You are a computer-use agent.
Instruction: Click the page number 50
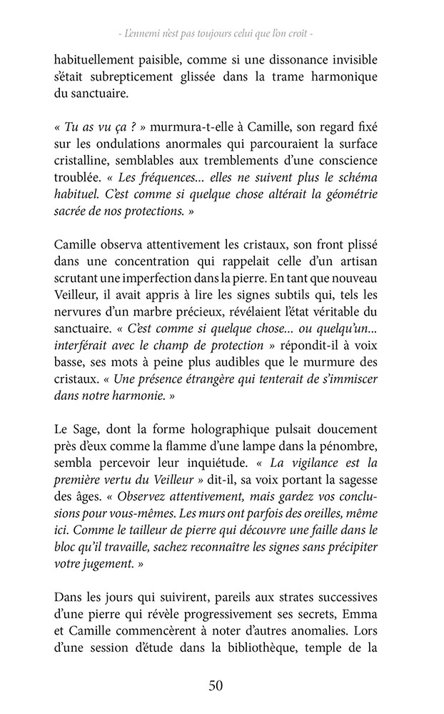click(216, 686)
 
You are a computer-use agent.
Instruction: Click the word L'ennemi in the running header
click(143, 34)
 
